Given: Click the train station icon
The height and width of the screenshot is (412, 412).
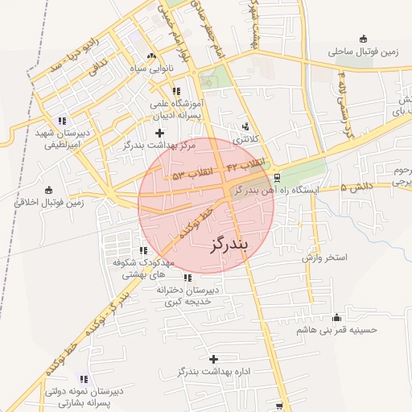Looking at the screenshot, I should (278, 177).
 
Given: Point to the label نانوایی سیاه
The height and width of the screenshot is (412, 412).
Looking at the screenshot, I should (151, 68).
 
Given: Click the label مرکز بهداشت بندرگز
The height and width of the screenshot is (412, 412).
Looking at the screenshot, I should (159, 145).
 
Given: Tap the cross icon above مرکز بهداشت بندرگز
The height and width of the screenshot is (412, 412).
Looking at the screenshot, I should (159, 132).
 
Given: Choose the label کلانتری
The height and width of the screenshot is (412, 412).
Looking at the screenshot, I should (246, 139).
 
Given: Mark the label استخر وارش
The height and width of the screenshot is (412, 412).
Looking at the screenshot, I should (323, 258).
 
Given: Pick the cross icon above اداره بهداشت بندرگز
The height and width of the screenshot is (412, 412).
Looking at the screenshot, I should (213, 358).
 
